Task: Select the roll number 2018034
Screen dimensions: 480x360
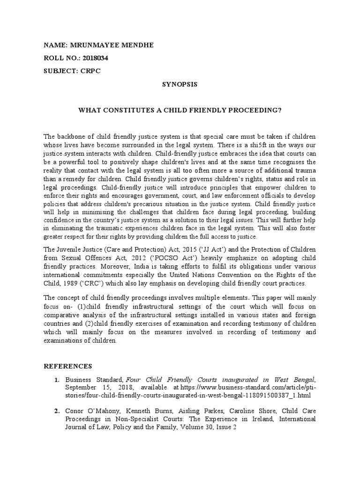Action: coord(97,58)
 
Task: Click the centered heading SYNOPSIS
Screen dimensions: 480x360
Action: coord(180,84)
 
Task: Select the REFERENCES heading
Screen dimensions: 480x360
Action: coord(68,366)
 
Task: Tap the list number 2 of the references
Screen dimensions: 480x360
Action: coord(56,411)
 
